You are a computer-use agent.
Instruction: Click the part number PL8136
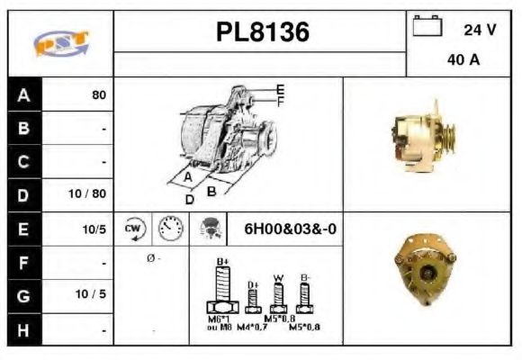pyautogui.click(x=263, y=32)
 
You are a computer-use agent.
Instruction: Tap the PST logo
pyautogui.click(x=60, y=43)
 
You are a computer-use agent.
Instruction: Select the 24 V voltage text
pyautogui.click(x=479, y=30)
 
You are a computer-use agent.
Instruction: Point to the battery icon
pyautogui.click(x=427, y=26)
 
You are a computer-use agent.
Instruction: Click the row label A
pyautogui.click(x=24, y=94)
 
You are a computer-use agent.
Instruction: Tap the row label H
pyautogui.click(x=24, y=329)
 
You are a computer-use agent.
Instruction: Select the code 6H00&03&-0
pyautogui.click(x=290, y=229)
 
